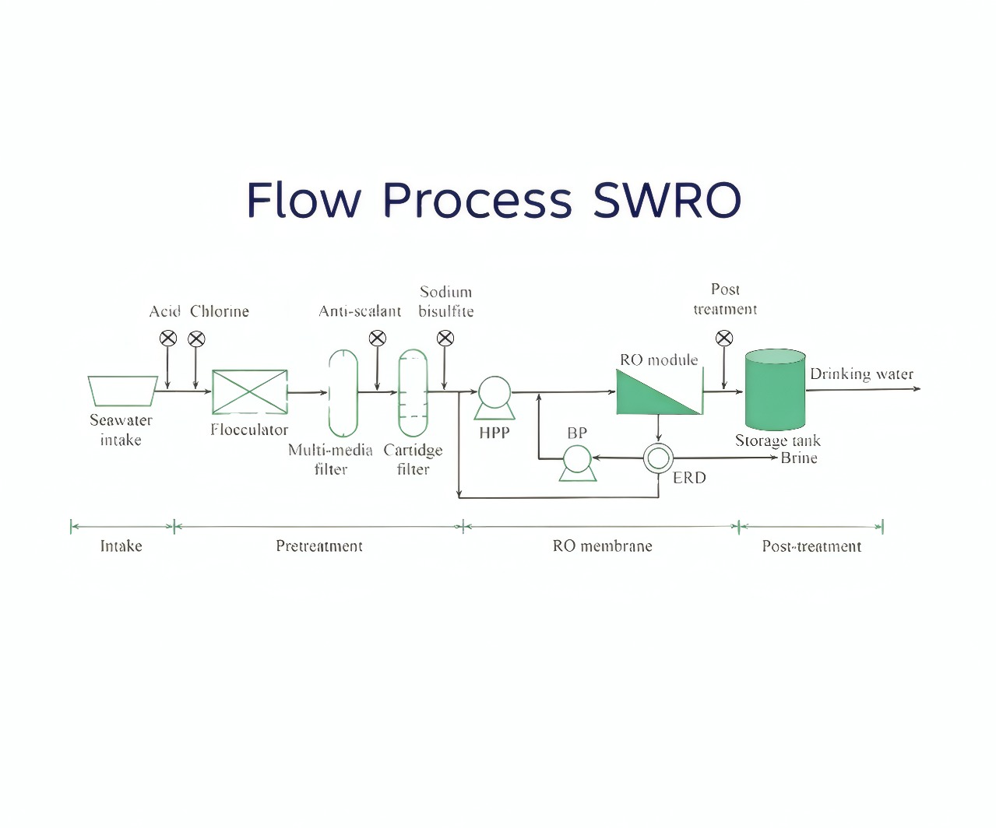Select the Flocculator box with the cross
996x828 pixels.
(249, 392)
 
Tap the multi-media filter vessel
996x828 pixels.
(343, 393)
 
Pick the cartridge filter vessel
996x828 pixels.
(413, 393)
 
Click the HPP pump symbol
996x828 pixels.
(494, 395)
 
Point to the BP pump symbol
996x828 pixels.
(577, 461)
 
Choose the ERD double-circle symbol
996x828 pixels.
(658, 458)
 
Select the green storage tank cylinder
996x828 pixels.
(775, 389)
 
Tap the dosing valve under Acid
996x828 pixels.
(168, 339)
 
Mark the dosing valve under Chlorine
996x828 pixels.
(196, 339)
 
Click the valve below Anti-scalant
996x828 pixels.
(377, 338)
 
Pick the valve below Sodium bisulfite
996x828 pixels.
(445, 338)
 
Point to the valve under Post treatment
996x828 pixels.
(724, 338)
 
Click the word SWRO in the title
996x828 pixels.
(667, 200)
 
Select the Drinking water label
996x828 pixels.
(861, 374)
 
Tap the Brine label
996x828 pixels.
(799, 458)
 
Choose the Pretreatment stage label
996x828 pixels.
(319, 546)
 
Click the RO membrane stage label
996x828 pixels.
(602, 546)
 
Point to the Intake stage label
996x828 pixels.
(121, 546)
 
